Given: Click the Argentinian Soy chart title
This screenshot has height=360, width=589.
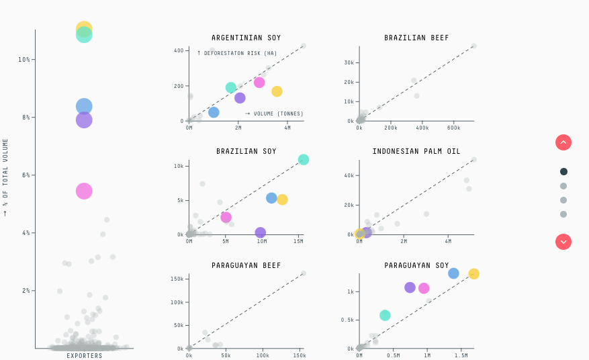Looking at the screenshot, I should [x=246, y=38].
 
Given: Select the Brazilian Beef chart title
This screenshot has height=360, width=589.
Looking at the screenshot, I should [x=416, y=38].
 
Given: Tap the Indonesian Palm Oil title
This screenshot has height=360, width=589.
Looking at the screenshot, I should [x=416, y=151].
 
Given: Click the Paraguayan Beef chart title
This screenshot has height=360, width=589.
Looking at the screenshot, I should [x=246, y=265].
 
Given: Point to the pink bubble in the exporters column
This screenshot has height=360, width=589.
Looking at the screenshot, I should [x=84, y=191].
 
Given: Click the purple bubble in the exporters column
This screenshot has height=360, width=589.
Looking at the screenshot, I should [x=84, y=120].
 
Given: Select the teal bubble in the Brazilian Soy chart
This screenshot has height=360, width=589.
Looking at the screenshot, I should [x=304, y=160].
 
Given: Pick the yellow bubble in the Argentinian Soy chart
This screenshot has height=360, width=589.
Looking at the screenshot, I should [x=277, y=91].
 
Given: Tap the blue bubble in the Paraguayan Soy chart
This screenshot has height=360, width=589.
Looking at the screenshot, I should [x=453, y=273].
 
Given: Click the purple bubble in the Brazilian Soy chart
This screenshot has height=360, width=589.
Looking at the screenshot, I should [x=261, y=232].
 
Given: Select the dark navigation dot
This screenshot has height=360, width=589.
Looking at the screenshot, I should [x=563, y=171].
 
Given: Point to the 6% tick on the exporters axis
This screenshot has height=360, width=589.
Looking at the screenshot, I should [x=26, y=175].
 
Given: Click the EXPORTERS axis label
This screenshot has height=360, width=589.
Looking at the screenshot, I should [x=85, y=356].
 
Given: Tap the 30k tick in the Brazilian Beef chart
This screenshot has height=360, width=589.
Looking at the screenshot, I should [x=349, y=62].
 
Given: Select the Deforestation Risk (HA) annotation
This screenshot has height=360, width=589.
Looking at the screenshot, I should [x=237, y=53].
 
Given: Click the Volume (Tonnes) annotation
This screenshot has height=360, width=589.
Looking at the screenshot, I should [x=274, y=114].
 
